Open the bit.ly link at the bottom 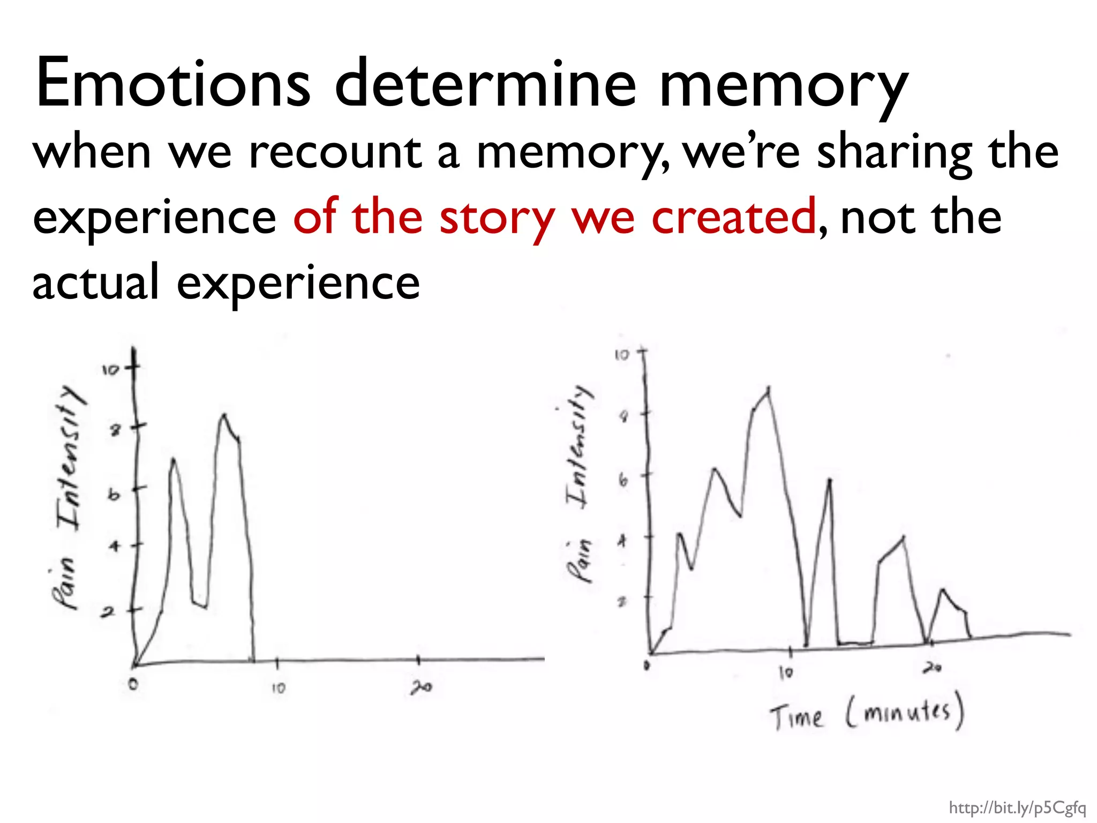pyautogui.click(x=1017, y=807)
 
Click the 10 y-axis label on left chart pyautogui.click(x=110, y=369)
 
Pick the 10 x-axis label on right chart pyautogui.click(x=786, y=672)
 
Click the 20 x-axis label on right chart pyautogui.click(x=932, y=668)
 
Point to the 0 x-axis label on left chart pyautogui.click(x=133, y=684)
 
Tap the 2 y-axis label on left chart pyautogui.click(x=108, y=612)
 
